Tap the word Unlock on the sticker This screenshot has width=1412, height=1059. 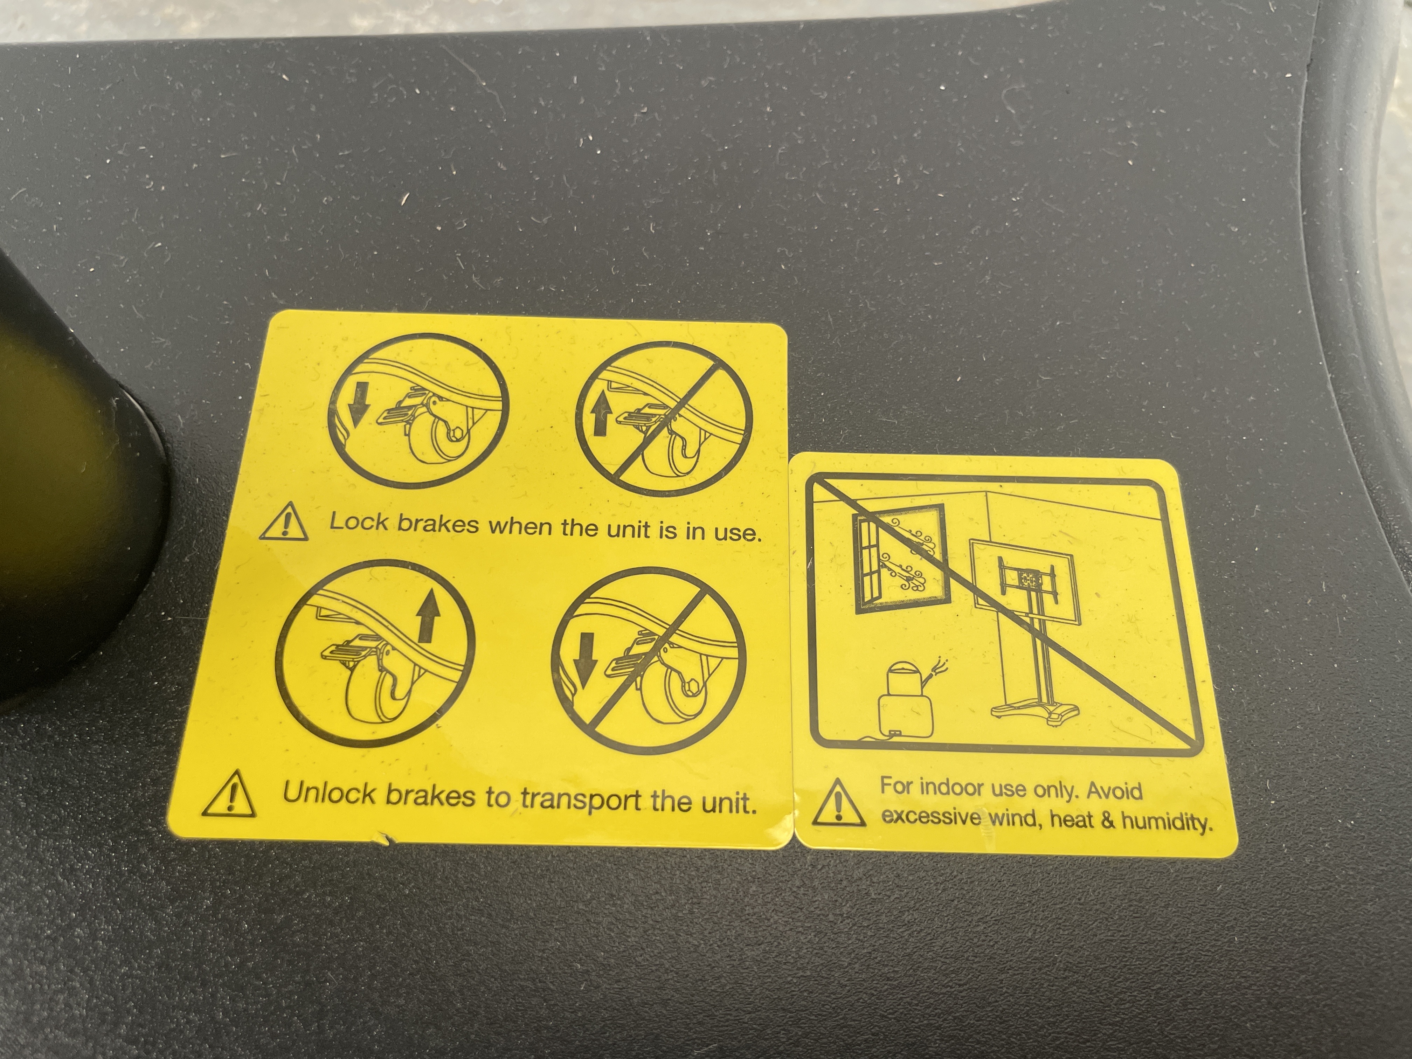(x=330, y=794)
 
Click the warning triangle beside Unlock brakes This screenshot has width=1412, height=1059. (x=229, y=794)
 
